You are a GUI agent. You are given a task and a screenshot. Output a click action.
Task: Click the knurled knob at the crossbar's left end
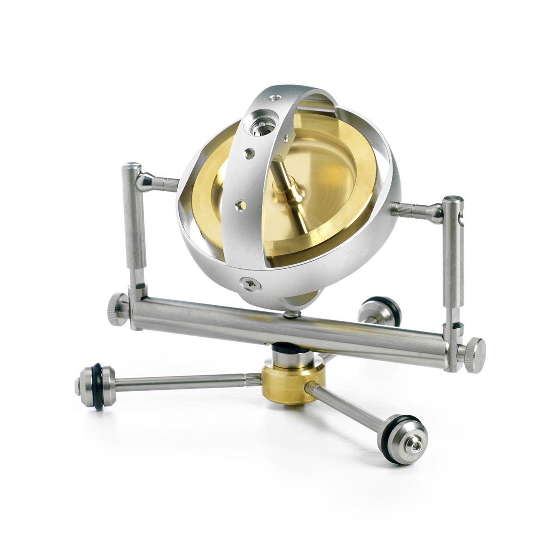(x=118, y=307)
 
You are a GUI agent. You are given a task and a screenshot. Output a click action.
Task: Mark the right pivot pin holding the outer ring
(x=414, y=210)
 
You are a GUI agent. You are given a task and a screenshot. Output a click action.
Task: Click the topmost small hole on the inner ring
(x=276, y=98)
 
